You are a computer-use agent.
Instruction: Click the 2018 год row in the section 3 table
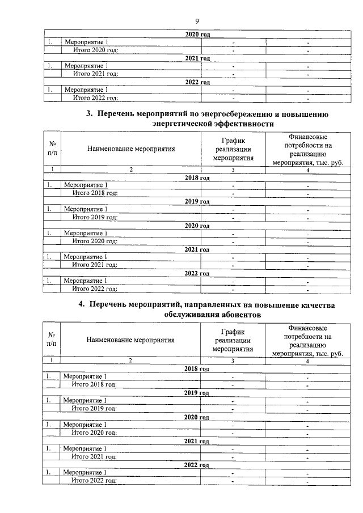pyautogui.click(x=197, y=177)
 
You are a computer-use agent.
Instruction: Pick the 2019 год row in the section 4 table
pyautogui.click(x=197, y=392)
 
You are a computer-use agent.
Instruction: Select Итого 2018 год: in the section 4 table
pyautogui.click(x=94, y=384)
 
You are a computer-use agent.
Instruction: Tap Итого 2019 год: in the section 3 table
pyautogui.click(x=95, y=217)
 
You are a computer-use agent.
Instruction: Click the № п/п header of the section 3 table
pyautogui.click(x=52, y=149)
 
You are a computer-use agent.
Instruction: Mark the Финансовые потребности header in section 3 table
pyautogui.click(x=307, y=149)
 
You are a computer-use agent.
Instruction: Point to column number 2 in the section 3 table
pyautogui.click(x=131, y=169)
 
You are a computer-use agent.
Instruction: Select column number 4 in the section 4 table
pyautogui.click(x=307, y=361)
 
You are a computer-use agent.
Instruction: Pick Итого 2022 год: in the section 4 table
pyautogui.click(x=94, y=481)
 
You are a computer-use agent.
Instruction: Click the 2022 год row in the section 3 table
pyautogui.click(x=197, y=273)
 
